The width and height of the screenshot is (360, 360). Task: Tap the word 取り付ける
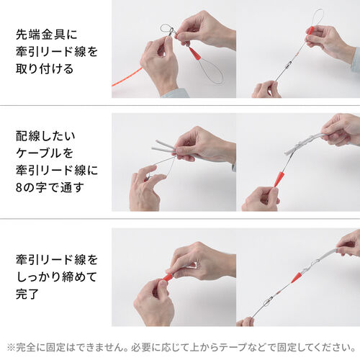coord(43,71)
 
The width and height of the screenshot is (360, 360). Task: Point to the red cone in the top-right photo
coord(310,30)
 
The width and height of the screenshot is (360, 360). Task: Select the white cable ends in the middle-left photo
coord(162,147)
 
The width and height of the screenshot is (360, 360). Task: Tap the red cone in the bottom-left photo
coord(167,276)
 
